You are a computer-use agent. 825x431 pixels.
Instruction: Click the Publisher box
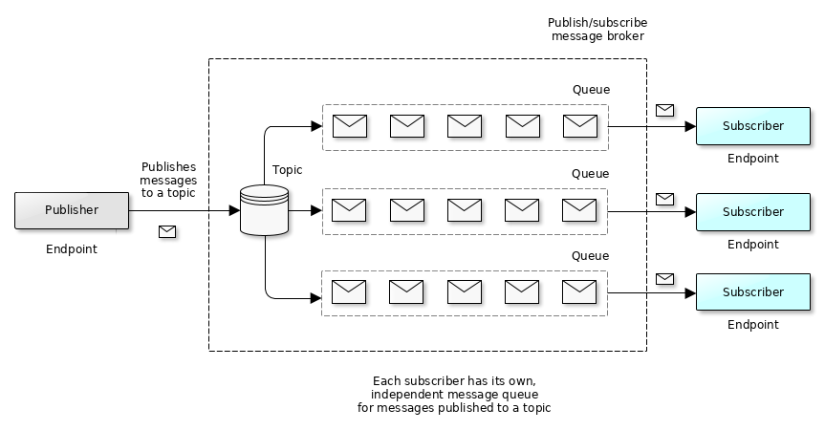click(72, 210)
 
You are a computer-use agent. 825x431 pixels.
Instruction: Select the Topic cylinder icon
click(264, 210)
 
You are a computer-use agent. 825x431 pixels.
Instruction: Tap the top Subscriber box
click(752, 126)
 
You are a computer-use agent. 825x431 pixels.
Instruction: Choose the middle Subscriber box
click(752, 212)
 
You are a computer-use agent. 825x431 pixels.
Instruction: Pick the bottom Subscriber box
click(752, 292)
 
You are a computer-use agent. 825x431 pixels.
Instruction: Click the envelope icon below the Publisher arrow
click(167, 231)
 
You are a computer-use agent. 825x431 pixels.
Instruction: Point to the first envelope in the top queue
click(350, 125)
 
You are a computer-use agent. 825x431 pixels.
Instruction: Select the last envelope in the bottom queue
click(579, 291)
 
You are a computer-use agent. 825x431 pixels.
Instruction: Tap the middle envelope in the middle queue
click(465, 209)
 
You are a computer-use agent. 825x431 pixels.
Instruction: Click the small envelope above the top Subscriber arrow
click(664, 110)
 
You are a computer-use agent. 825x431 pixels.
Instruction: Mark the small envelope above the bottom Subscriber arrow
click(664, 278)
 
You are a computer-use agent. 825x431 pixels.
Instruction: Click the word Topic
click(287, 170)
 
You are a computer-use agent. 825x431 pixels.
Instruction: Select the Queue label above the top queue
click(591, 90)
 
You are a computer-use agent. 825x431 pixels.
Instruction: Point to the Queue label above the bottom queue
click(590, 256)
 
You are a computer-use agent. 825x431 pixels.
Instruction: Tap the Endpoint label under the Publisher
click(72, 249)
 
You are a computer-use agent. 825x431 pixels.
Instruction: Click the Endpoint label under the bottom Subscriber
click(752, 325)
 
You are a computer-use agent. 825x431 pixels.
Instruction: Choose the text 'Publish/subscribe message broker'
click(597, 29)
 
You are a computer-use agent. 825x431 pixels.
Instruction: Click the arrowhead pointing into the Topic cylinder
click(234, 210)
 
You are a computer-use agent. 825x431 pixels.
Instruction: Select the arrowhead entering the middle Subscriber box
click(690, 211)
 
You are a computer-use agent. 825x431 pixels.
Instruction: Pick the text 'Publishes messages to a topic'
click(168, 180)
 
